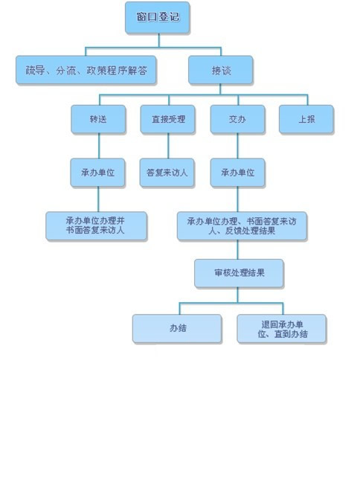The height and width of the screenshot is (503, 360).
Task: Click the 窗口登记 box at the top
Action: tap(158, 17)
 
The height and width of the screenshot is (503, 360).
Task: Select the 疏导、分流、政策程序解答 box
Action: tap(86, 70)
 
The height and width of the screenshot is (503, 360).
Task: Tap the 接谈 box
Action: tap(221, 70)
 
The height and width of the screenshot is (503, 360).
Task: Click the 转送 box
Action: tap(98, 119)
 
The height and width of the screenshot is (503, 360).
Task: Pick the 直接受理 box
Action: tap(167, 119)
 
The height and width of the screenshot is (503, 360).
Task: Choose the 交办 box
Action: tap(237, 119)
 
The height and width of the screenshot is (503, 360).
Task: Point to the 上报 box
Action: tap(306, 119)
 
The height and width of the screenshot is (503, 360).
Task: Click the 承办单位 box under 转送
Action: tap(97, 173)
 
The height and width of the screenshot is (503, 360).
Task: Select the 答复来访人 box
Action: tap(167, 173)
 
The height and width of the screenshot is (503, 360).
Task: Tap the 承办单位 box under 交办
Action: tap(237, 173)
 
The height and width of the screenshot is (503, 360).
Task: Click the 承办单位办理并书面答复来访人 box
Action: tap(96, 226)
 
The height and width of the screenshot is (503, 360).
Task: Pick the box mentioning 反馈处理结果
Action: tap(242, 226)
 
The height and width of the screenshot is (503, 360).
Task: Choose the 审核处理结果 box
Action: tap(239, 273)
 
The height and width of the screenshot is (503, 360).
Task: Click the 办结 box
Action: tap(177, 329)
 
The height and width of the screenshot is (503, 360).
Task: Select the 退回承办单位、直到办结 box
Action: tap(282, 329)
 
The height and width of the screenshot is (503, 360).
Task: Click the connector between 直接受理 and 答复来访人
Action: tap(168, 146)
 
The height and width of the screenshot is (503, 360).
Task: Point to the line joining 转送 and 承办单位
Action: tap(99, 146)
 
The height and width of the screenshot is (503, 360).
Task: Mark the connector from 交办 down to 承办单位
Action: tap(237, 146)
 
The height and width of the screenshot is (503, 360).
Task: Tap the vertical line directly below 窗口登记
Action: tap(158, 40)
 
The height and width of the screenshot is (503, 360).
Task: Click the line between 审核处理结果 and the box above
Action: tap(237, 250)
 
